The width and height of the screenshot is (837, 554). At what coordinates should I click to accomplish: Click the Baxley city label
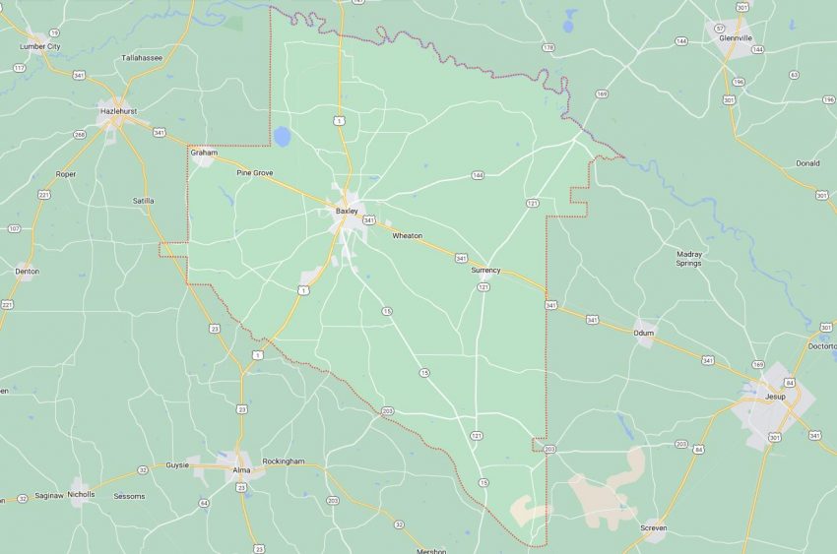tap(347, 211)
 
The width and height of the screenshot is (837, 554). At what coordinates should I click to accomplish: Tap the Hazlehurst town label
tap(117, 111)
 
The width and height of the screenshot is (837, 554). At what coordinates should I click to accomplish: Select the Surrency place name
tap(485, 270)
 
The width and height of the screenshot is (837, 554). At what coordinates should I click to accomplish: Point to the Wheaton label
tap(407, 236)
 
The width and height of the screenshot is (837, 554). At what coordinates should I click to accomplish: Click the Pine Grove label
tap(255, 173)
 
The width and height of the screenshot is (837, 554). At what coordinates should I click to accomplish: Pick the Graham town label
tap(204, 153)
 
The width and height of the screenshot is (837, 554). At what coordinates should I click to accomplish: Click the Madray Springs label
tap(689, 259)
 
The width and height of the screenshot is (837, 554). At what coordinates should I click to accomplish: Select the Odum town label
tap(644, 334)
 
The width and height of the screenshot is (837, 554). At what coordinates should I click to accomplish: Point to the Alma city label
tap(241, 470)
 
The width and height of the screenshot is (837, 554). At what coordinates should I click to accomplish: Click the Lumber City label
tap(40, 46)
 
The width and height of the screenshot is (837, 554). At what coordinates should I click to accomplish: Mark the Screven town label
tap(653, 528)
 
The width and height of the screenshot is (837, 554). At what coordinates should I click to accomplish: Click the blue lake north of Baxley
tap(283, 136)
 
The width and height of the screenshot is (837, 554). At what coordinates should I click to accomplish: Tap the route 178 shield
tap(548, 47)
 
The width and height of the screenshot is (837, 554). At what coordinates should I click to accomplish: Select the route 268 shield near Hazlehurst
tap(81, 135)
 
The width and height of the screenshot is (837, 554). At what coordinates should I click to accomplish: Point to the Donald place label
tap(807, 163)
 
